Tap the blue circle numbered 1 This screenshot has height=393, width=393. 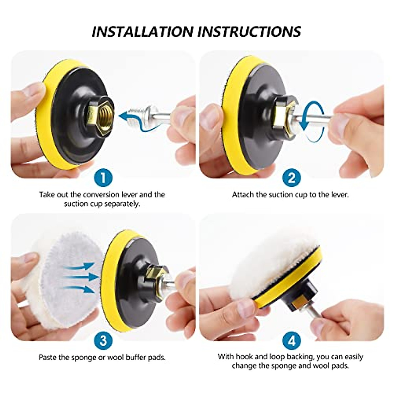pos(103,178)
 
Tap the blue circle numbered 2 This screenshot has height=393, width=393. pos(291,178)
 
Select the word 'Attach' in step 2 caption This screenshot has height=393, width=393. pos(243,195)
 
